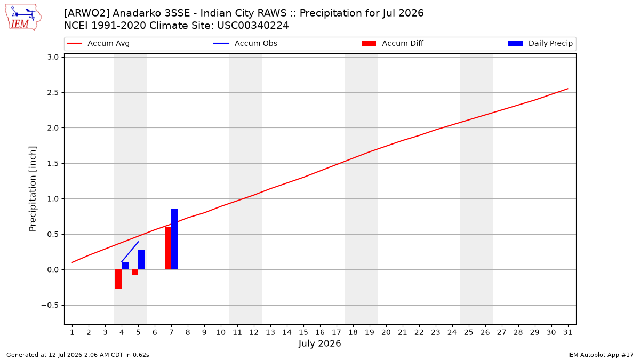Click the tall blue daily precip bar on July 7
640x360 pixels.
pyautogui.click(x=174, y=239)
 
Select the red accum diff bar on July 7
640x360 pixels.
pyautogui.click(x=168, y=248)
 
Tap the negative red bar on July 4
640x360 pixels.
pyautogui.click(x=118, y=279)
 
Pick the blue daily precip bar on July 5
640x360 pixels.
pyautogui.click(x=141, y=260)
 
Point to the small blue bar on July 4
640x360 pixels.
pyautogui.click(x=125, y=266)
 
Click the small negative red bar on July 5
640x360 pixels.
pyautogui.click(x=135, y=273)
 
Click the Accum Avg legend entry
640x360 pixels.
pyautogui.click(x=98, y=43)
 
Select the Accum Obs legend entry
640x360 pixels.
pyautogui.click(x=245, y=43)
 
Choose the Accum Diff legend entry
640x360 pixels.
pyautogui.click(x=393, y=43)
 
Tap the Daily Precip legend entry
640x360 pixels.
pyautogui.click(x=540, y=43)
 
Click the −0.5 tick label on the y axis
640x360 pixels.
pyautogui.click(x=50, y=306)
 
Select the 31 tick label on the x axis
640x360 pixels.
pyautogui.click(x=567, y=332)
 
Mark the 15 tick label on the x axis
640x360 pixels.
pyautogui.click(x=303, y=332)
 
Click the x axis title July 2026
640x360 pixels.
pyautogui.click(x=319, y=343)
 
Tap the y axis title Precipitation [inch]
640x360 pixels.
pyautogui.click(x=33, y=189)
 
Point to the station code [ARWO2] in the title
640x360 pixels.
pyautogui.click(x=86, y=13)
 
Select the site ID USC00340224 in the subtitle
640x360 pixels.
pyautogui.click(x=253, y=26)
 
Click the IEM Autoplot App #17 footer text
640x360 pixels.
pyautogui.click(x=601, y=355)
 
